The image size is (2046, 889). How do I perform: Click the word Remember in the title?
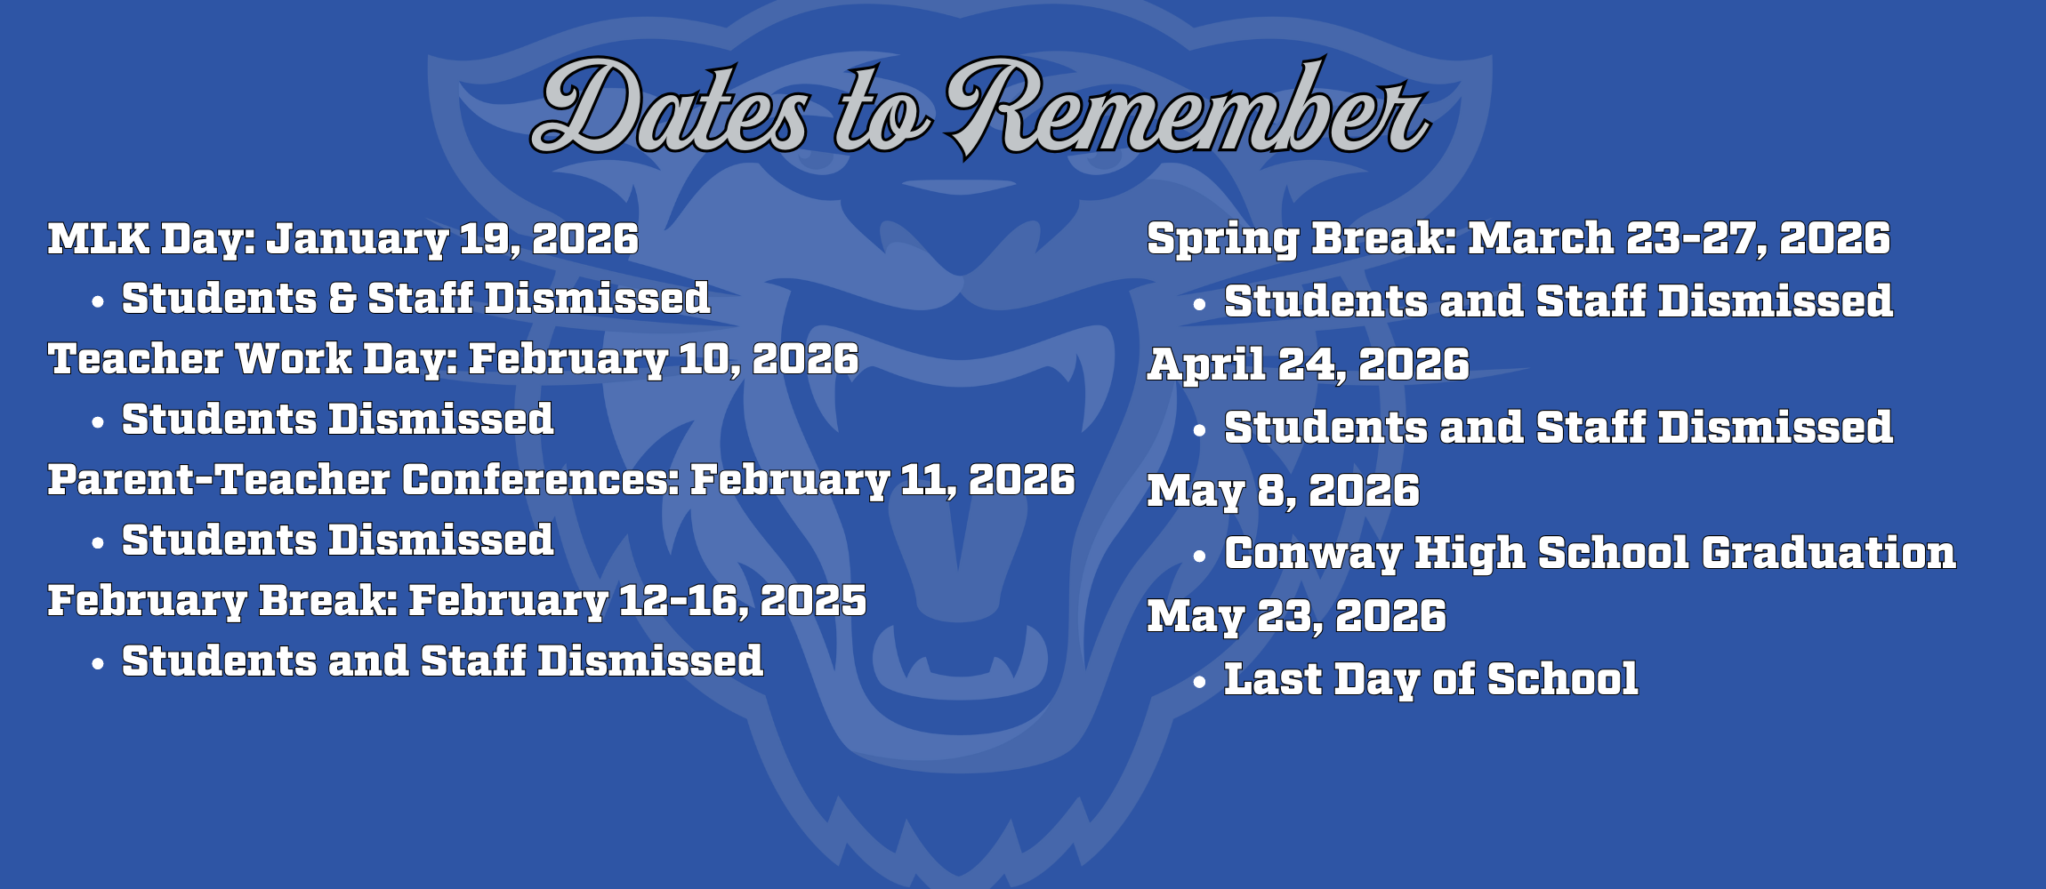pyautogui.click(x=1188, y=108)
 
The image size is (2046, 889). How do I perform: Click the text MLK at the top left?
pyautogui.click(x=99, y=238)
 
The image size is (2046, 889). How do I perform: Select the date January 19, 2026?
pyautogui.click(x=453, y=239)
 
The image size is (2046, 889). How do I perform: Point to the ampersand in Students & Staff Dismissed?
pyautogui.click(x=342, y=298)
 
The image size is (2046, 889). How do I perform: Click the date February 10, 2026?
pyautogui.click(x=664, y=359)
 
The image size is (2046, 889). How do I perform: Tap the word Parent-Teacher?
pyautogui.click(x=219, y=480)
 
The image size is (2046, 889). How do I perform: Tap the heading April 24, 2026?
pyautogui.click(x=1309, y=364)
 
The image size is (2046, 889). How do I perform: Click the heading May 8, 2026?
pyautogui.click(x=1284, y=491)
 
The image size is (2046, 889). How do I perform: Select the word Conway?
pyautogui.click(x=1313, y=553)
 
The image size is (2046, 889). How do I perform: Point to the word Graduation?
pyautogui.click(x=1829, y=553)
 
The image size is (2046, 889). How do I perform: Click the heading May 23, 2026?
pyautogui.click(x=1297, y=616)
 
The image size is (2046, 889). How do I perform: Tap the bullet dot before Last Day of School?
pyautogui.click(x=1200, y=683)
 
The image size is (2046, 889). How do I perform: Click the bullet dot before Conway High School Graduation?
pyautogui.click(x=1200, y=557)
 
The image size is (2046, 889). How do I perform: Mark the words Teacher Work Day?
pyautogui.click(x=254, y=359)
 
